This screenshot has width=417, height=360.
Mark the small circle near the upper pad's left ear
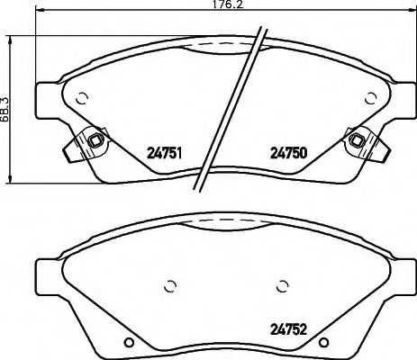pyautogui.click(x=81, y=99)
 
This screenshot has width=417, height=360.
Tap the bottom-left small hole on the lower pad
pyautogui.click(x=131, y=341)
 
